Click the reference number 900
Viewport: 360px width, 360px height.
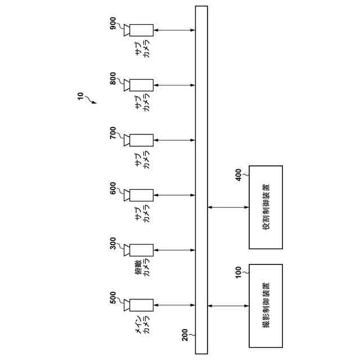[x=114, y=24]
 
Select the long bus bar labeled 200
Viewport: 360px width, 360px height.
[x=201, y=180]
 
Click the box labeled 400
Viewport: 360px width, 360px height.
[x=265, y=207]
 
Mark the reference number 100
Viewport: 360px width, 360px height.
[x=238, y=272]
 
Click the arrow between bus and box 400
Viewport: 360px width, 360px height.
[x=228, y=207]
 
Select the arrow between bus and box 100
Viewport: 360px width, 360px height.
[x=228, y=305]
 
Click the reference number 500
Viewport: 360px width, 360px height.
[x=114, y=298]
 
